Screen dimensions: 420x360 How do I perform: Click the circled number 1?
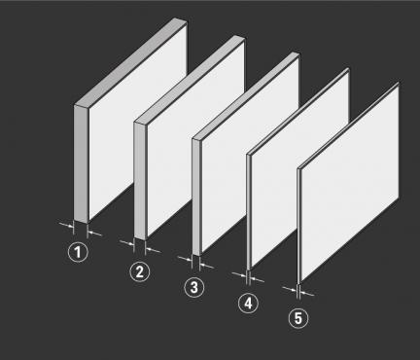coord(78,252)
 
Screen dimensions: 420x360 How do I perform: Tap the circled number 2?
coord(140,271)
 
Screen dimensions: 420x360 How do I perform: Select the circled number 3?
coord(194,287)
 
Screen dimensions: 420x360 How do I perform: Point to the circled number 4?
coord(248,304)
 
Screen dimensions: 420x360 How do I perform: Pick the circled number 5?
coord(298,318)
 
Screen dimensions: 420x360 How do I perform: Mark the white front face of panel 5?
coord(350,183)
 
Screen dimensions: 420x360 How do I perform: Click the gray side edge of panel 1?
coord(81,163)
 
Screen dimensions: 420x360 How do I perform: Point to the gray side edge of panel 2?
coord(140,181)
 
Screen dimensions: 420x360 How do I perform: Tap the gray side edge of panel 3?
coord(196,198)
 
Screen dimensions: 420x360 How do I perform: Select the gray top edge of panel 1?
coord(130,62)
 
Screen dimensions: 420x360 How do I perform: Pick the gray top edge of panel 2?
coord(190,80)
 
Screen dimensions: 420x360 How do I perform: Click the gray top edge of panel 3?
coord(245,96)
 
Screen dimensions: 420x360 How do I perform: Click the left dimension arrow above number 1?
coord(66,224)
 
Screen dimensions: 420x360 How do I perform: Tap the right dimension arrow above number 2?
coord(153,250)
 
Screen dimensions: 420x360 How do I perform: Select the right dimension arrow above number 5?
coord(306,294)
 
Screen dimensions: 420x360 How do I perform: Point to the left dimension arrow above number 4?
coord(239,275)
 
